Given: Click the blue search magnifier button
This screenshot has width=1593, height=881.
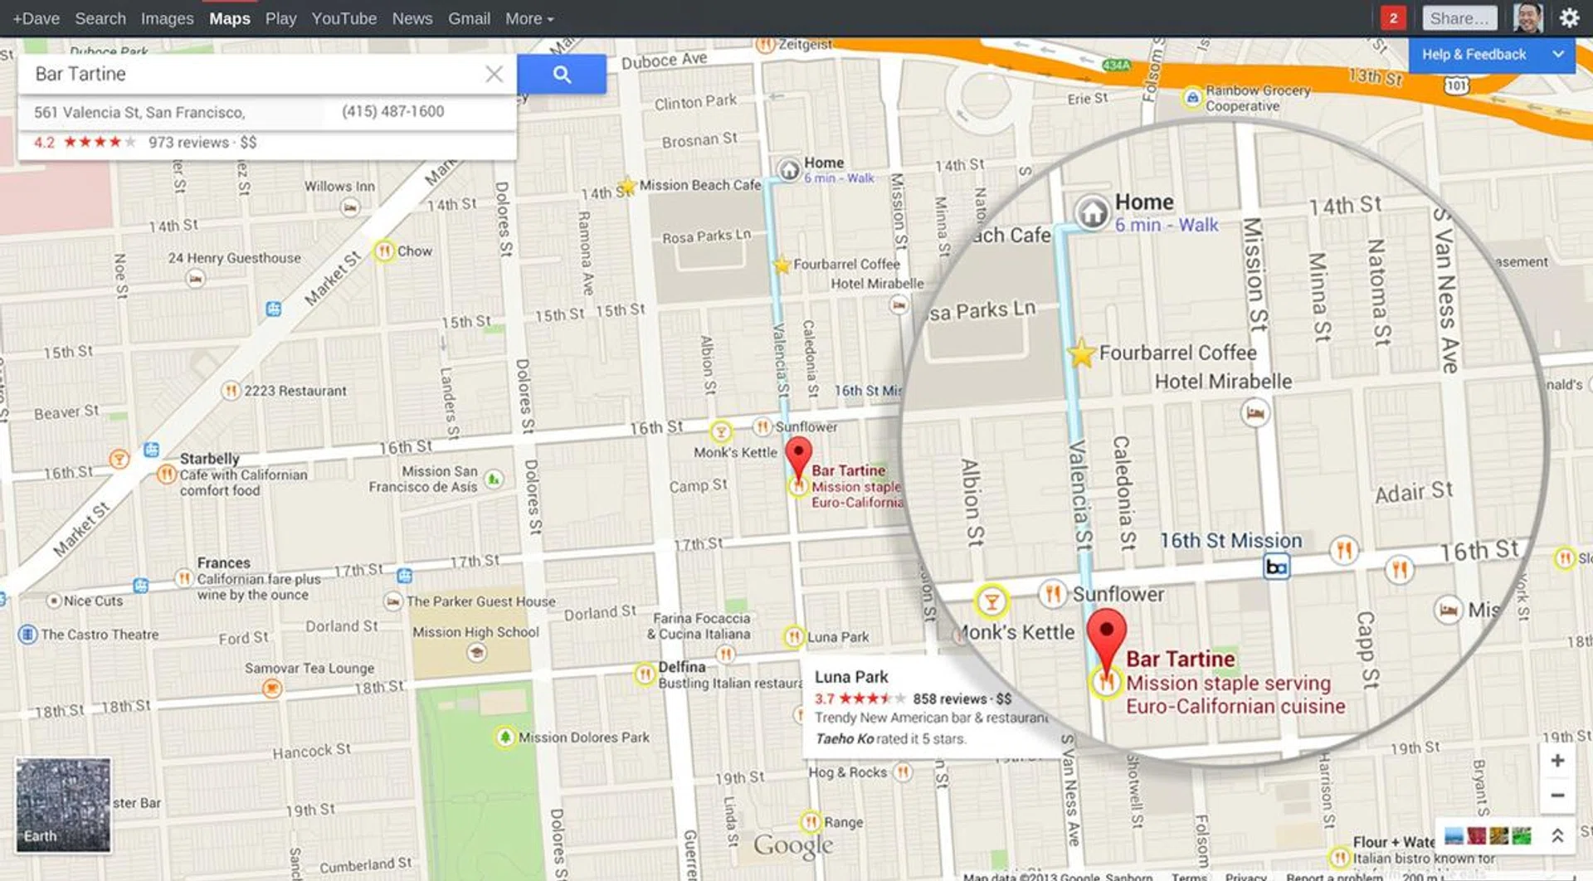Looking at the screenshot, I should pos(562,75).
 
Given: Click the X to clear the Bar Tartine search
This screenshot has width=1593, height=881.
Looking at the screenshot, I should pos(494,75).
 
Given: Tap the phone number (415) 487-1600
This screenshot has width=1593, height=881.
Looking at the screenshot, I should pos(392,111).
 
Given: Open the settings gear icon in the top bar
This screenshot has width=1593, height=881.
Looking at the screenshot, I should pos(1569,18).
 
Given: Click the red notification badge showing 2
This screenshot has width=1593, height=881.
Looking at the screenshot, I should pos(1393,18).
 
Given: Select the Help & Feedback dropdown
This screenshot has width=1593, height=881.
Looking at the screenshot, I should pos(1491,55).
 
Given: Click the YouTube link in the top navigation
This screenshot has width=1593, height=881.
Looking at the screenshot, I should pos(343,18).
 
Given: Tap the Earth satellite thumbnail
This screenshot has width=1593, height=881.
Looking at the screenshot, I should pos(63,804).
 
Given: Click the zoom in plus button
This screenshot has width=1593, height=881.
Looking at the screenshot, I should pos(1557,761).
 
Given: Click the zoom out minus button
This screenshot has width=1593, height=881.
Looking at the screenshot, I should pos(1557,796).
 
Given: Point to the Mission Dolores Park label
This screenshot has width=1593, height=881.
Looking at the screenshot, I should pos(583,737).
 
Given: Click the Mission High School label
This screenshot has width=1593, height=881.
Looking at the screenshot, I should pos(475,632).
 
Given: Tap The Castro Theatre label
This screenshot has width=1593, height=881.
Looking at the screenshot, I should pos(100,635).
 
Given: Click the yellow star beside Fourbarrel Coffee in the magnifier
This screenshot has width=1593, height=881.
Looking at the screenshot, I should pos(1081,353).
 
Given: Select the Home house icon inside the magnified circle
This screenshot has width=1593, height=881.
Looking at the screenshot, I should pos(1093,212).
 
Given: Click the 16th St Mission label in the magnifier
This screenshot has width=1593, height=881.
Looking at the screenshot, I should pos(1230,541).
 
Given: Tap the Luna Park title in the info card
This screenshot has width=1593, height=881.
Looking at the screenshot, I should pos(851,677).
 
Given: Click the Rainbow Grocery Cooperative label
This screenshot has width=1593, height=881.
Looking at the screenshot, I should pos(1257,98).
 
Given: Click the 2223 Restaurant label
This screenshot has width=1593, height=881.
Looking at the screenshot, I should pos(295,391).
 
